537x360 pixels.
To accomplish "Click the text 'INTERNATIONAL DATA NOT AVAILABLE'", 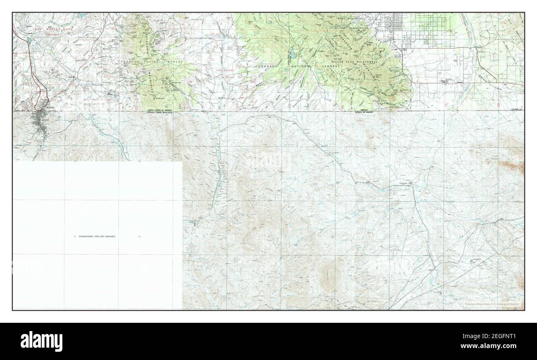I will point(97,236).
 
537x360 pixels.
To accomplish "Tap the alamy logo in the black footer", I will point(42,341).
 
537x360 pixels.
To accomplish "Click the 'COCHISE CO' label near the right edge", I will point(516,110).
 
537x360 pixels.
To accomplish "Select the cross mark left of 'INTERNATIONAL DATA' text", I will point(74,236).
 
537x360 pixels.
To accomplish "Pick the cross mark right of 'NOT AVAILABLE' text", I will point(139,236).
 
